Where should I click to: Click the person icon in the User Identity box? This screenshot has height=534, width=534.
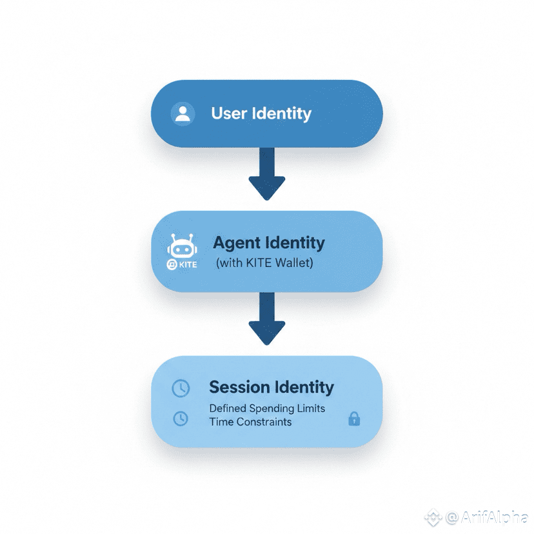[x=183, y=114]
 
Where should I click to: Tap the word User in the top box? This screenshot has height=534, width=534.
[x=229, y=114]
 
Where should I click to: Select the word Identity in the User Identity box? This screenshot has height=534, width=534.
[x=282, y=114]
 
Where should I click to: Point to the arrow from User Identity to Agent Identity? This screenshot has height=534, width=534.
[x=266, y=173]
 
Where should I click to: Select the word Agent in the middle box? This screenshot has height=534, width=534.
[x=237, y=243]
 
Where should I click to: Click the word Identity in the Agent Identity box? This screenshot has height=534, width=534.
[x=295, y=243]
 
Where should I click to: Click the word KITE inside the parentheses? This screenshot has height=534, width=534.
[x=256, y=263]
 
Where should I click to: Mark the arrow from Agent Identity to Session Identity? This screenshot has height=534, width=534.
[x=266, y=318]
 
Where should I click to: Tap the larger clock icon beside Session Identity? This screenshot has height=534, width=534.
[x=181, y=388]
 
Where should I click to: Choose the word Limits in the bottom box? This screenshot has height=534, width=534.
[x=310, y=408]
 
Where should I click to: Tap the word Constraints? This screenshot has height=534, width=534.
[x=263, y=422]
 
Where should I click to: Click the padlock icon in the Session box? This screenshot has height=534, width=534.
[x=353, y=419]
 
